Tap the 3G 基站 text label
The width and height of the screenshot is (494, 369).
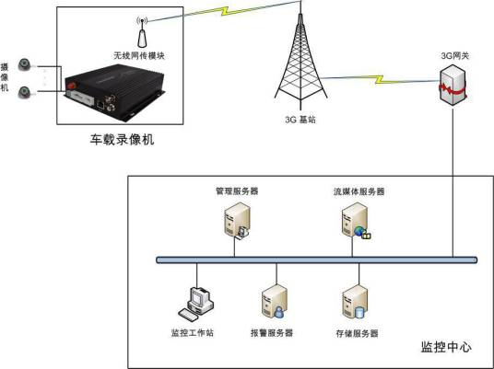pyautogui.click(x=301, y=120)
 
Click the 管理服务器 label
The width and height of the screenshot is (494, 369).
pyautogui.click(x=236, y=191)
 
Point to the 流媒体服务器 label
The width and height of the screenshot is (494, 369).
pyautogui.click(x=359, y=191)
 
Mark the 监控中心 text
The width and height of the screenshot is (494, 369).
pyautogui.click(x=446, y=347)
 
